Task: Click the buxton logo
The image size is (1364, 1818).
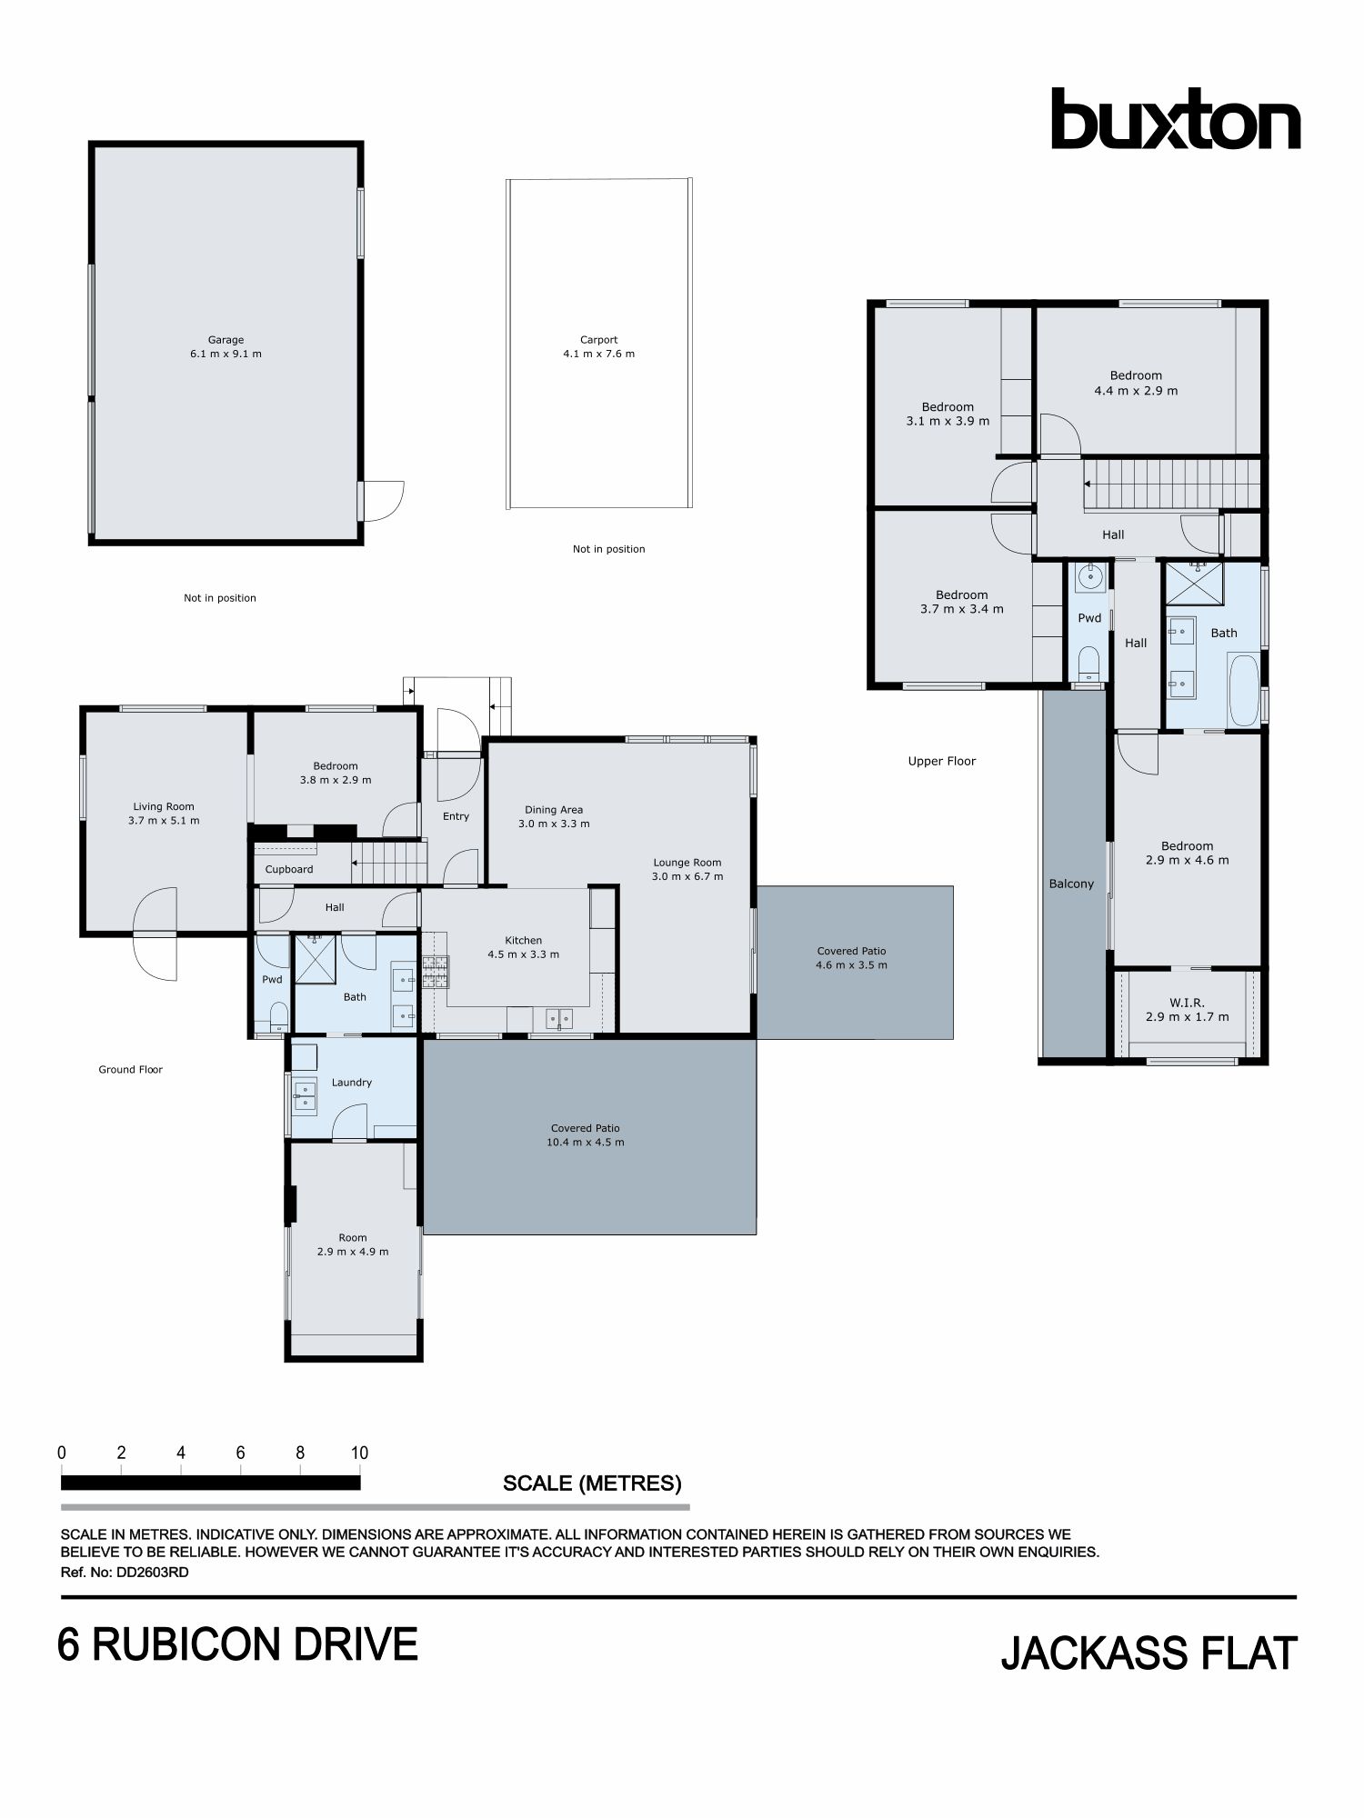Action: click(x=1175, y=119)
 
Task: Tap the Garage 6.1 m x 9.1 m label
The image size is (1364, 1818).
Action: click(x=226, y=347)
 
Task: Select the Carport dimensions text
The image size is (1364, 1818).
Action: click(x=598, y=355)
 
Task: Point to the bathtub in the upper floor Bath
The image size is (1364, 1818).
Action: click(x=1242, y=691)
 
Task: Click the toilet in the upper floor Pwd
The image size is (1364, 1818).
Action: click(x=1088, y=663)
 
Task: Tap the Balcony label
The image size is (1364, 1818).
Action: click(x=1071, y=884)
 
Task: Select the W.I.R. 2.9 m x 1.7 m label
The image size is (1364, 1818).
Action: click(x=1187, y=1010)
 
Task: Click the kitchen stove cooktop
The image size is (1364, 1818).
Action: click(x=435, y=972)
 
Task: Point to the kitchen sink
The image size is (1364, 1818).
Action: click(x=559, y=1019)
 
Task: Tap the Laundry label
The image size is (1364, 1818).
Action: click(x=352, y=1083)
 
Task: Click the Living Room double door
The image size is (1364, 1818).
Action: click(x=155, y=934)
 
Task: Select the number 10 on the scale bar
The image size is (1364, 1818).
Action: click(x=360, y=1453)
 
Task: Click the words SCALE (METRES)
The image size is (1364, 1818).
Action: click(x=592, y=1483)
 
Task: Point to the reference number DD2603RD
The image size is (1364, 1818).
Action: click(x=152, y=1573)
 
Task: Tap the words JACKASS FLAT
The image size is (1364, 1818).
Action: click(x=1148, y=1653)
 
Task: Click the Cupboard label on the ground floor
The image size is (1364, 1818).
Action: click(x=289, y=869)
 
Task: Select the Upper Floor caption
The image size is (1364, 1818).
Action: click(x=941, y=762)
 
